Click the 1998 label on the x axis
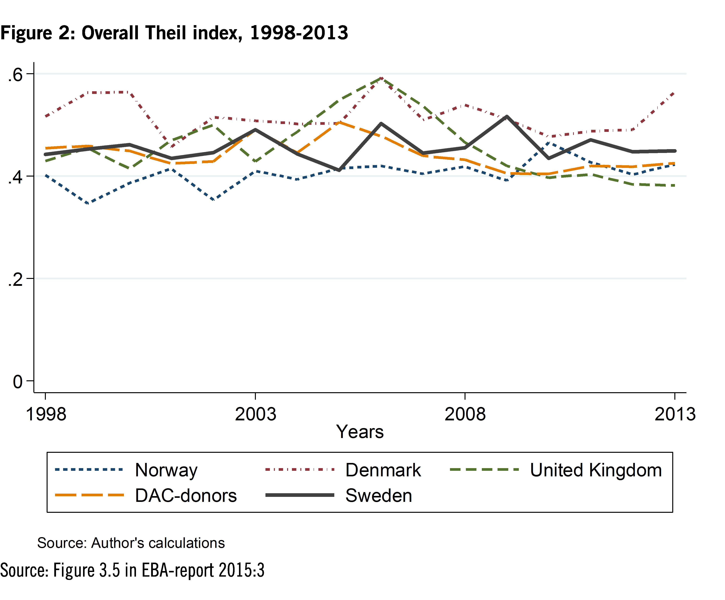(46, 414)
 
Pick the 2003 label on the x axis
(255, 414)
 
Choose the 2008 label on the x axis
(465, 414)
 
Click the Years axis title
(360, 432)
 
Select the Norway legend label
(166, 470)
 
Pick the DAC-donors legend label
(186, 496)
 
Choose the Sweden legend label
(379, 496)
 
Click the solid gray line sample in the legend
(300, 495)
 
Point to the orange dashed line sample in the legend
(89, 495)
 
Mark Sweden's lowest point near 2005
(339, 170)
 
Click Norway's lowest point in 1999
(88, 203)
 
